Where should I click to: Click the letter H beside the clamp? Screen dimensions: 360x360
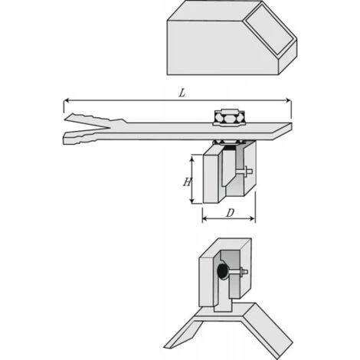tap(186, 182)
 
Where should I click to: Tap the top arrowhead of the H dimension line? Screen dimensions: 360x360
tap(191, 158)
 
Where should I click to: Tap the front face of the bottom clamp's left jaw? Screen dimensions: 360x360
tap(208, 280)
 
